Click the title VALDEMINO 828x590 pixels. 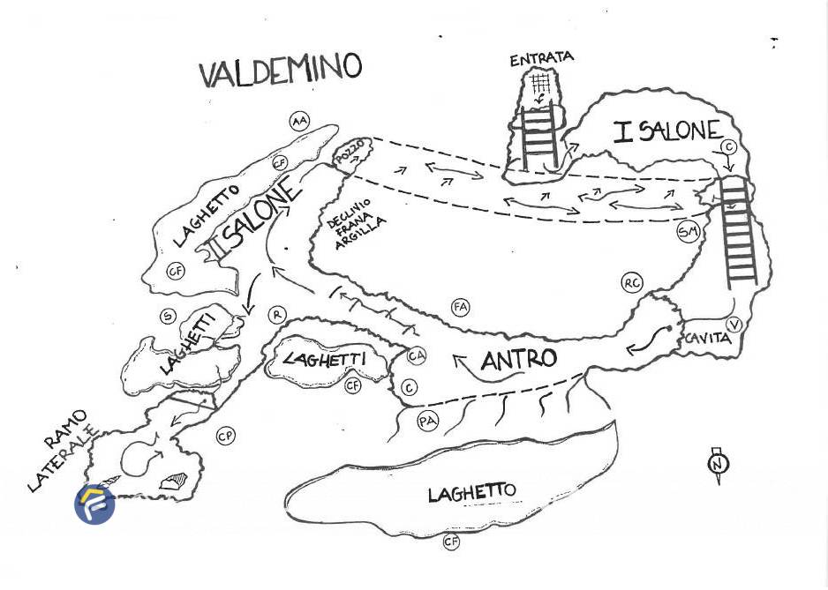pyautogui.click(x=281, y=70)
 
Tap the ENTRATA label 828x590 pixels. pyautogui.click(x=542, y=59)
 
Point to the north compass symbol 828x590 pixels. pyautogui.click(x=718, y=464)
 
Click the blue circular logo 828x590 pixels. pyautogui.click(x=94, y=504)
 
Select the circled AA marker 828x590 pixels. pyautogui.click(x=299, y=122)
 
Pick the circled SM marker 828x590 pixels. pyautogui.click(x=688, y=232)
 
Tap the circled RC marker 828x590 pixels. pyautogui.click(x=631, y=283)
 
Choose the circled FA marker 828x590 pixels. pyautogui.click(x=460, y=308)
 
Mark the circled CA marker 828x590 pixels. pyautogui.click(x=417, y=356)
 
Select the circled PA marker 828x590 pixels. pyautogui.click(x=428, y=422)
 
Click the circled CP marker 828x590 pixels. pyautogui.click(x=226, y=436)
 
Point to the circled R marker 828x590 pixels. pyautogui.click(x=277, y=315)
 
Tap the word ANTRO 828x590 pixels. pyautogui.click(x=518, y=359)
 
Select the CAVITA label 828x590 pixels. pyautogui.click(x=707, y=338)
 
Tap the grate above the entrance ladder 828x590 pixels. pyautogui.click(x=540, y=83)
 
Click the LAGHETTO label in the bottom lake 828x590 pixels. pyautogui.click(x=471, y=492)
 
